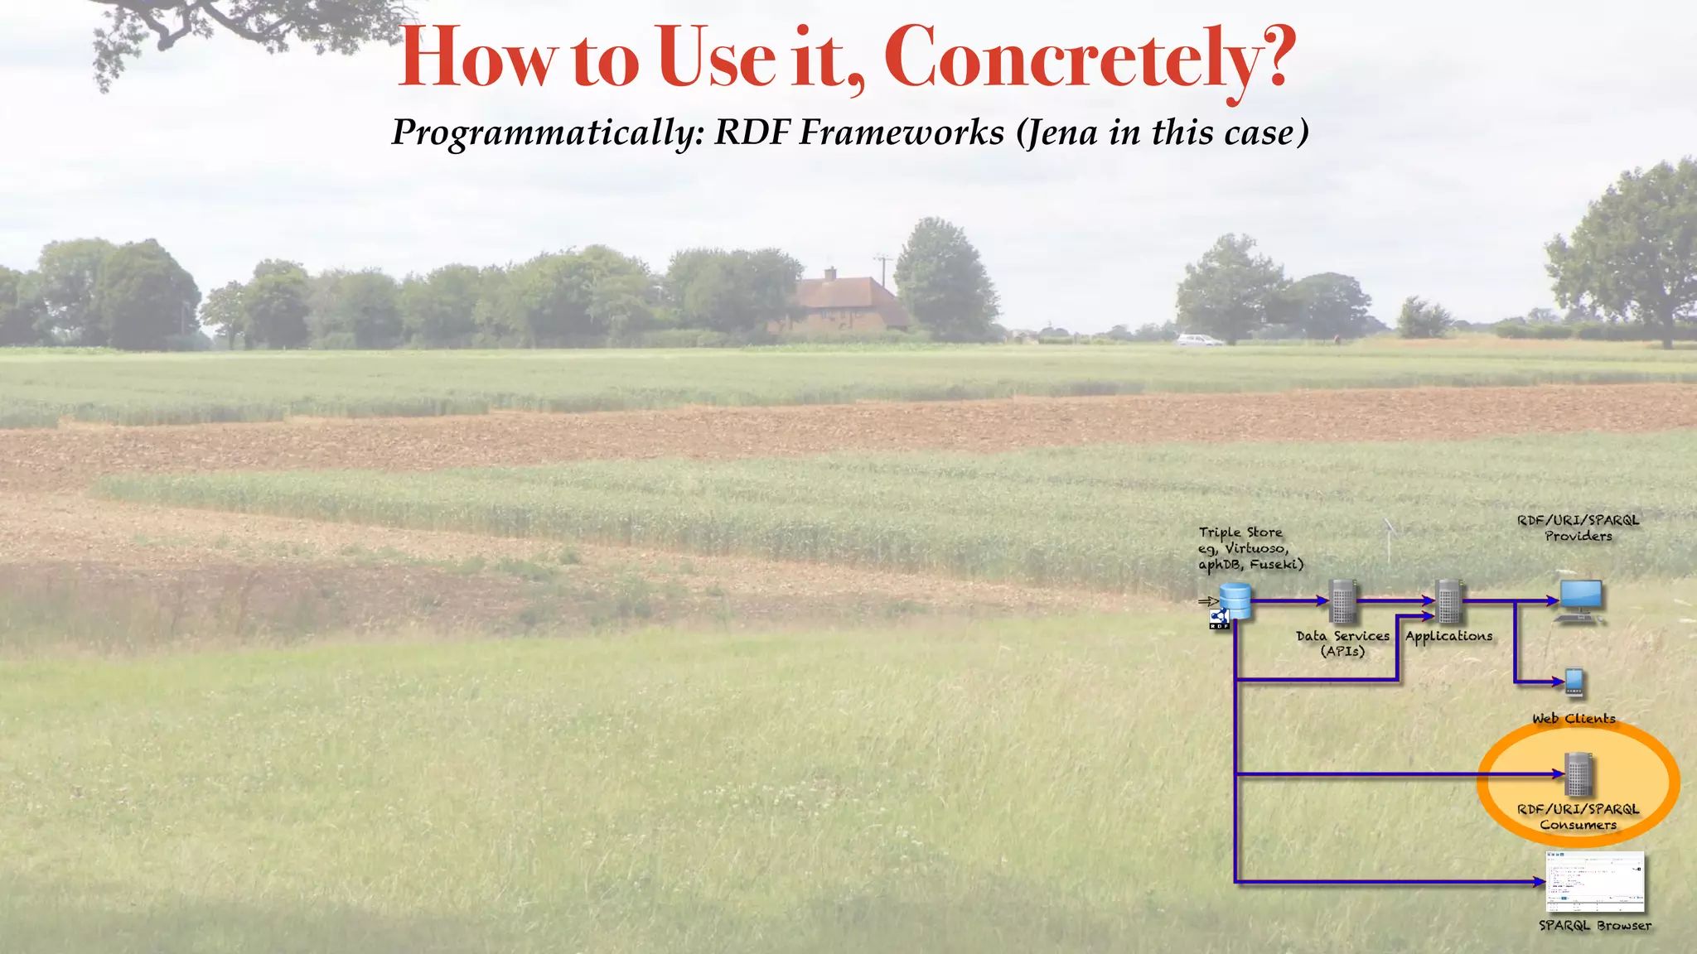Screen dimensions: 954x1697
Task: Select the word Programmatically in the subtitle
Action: click(547, 132)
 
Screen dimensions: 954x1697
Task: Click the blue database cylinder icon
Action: click(1235, 601)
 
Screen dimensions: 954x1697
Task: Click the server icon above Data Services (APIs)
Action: click(1342, 601)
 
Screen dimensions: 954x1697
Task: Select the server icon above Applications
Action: click(1448, 601)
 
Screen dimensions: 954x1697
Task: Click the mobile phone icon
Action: click(1574, 682)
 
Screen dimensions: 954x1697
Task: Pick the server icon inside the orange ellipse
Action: click(1579, 774)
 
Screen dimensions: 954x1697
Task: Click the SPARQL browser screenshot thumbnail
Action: click(1595, 882)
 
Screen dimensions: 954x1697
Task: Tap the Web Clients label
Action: click(1574, 719)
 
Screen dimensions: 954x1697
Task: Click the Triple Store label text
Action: click(1240, 532)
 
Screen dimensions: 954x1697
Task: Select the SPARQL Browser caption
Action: click(1595, 926)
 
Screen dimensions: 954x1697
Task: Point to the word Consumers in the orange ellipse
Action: click(1579, 825)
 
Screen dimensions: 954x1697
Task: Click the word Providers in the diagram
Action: click(1579, 537)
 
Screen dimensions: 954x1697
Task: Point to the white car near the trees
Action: click(1199, 340)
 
